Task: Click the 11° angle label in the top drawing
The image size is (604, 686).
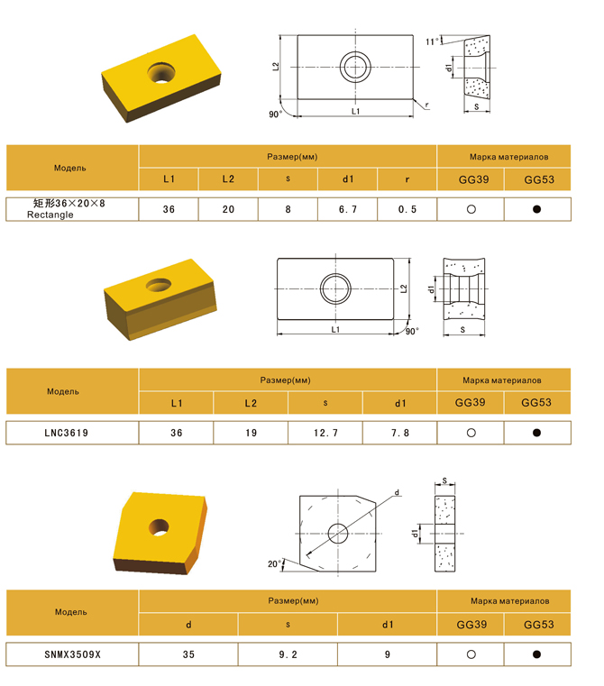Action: click(x=432, y=41)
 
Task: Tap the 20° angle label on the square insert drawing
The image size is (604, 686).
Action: click(x=274, y=563)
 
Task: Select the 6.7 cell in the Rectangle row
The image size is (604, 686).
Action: click(x=348, y=209)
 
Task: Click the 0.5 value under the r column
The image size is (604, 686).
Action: click(x=407, y=209)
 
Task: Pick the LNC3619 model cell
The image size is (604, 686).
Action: click(x=67, y=433)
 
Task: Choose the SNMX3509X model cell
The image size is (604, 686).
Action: click(x=73, y=654)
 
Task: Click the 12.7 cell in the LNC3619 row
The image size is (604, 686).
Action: click(x=325, y=433)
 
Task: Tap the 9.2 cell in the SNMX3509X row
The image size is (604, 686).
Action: click(x=288, y=654)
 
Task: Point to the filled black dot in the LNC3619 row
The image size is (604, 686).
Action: click(x=537, y=433)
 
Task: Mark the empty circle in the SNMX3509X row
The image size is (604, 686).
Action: click(x=471, y=654)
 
